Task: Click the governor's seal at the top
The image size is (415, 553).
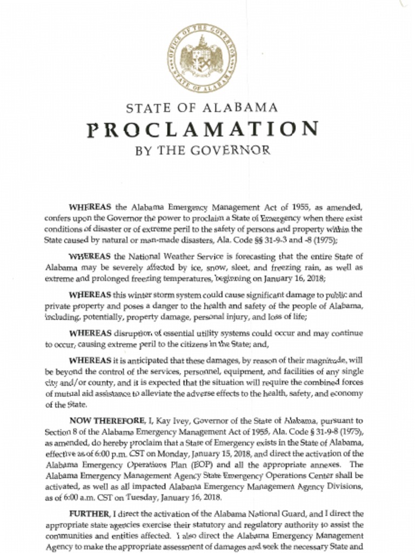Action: pos(202,58)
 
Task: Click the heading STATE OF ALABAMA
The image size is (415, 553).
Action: pos(202,107)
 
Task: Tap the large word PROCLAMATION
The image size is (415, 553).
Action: pos(202,130)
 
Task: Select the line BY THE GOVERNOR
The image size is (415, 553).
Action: pos(202,150)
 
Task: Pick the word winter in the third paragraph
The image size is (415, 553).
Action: pos(140,295)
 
